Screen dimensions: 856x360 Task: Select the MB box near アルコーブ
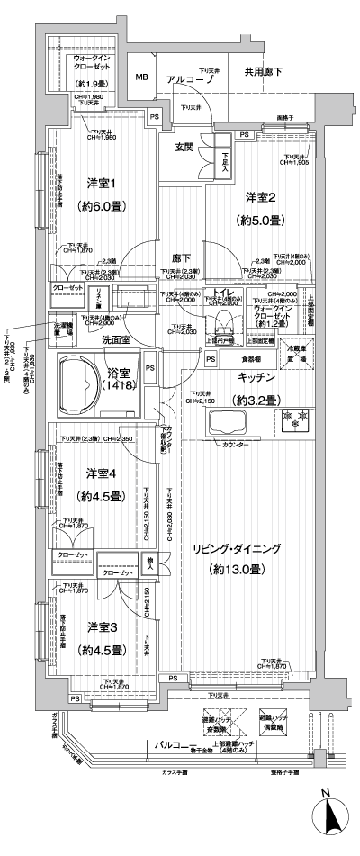142,78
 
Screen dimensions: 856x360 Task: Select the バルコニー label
175,746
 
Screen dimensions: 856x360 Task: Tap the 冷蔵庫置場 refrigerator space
296,353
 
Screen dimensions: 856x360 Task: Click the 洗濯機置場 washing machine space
59,328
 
